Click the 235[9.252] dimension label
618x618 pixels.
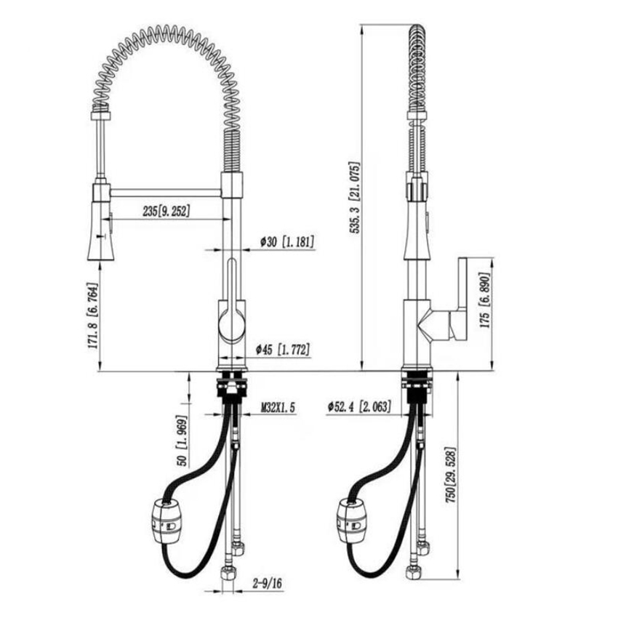(166, 211)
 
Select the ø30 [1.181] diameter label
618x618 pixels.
(287, 241)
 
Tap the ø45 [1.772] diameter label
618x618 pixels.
(283, 350)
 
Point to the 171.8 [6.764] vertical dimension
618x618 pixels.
(92, 315)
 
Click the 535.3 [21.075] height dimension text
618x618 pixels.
(355, 198)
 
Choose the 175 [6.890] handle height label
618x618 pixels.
(484, 300)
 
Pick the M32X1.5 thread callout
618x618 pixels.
(278, 408)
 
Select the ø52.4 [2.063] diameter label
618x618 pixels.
(359, 406)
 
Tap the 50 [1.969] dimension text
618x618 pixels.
(182, 441)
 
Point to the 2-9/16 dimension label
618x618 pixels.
(268, 583)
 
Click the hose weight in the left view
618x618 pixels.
(166, 521)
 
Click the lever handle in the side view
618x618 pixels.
(458, 300)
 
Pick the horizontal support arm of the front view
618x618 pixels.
(166, 193)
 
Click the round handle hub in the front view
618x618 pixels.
(232, 324)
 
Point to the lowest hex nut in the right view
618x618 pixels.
(413, 572)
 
